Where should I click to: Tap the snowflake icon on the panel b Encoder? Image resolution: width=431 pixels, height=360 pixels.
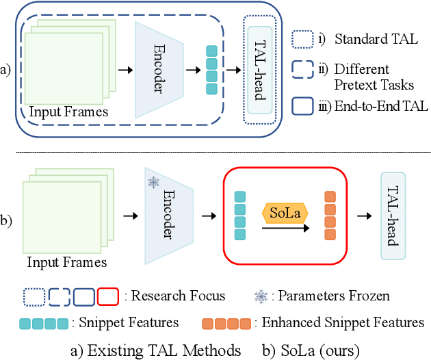(x=153, y=183)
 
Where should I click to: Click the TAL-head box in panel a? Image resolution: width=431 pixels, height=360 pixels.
(x=260, y=68)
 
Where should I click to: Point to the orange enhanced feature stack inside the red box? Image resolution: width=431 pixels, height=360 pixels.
(x=330, y=215)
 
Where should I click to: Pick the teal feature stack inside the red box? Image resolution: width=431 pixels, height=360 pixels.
(x=239, y=215)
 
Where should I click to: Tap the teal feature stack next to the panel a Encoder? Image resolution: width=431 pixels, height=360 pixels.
(x=211, y=70)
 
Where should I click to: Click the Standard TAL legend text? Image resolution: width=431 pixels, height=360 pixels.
(x=363, y=38)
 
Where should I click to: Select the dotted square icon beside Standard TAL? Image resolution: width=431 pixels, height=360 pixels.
(x=302, y=39)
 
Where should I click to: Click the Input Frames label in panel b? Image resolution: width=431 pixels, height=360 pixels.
(x=67, y=261)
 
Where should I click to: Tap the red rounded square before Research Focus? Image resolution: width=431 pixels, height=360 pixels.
(x=109, y=296)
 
